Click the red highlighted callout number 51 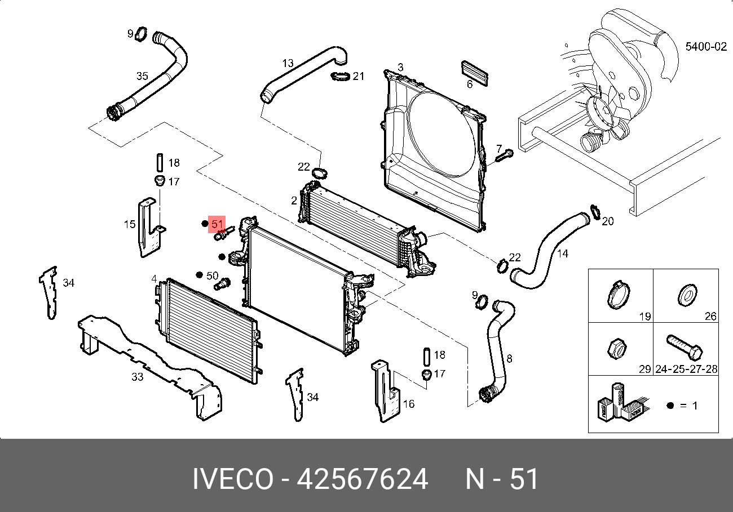(x=217, y=224)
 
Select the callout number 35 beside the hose (x=142, y=76)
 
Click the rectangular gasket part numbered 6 (x=474, y=72)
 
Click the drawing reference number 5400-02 (x=706, y=47)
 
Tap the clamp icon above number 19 (x=619, y=295)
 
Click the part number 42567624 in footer (x=363, y=480)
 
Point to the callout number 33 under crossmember (x=138, y=377)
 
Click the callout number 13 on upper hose (x=288, y=63)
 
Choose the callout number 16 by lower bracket (x=409, y=404)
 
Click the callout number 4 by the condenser (x=154, y=279)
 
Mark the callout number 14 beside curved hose (x=562, y=253)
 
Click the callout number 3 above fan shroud (x=400, y=68)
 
